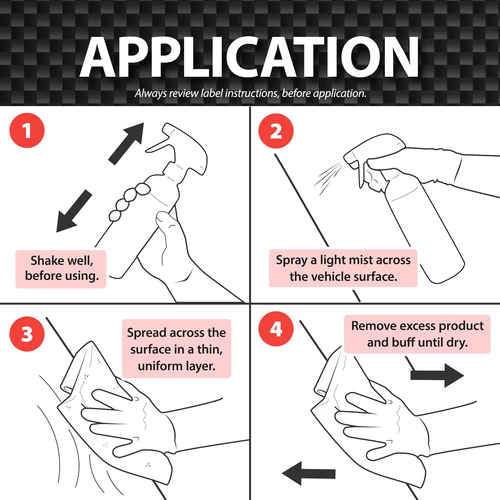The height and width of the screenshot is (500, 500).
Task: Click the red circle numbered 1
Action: (27, 130)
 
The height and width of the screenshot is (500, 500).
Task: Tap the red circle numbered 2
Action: (276, 131)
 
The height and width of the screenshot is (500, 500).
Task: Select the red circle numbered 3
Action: (27, 334)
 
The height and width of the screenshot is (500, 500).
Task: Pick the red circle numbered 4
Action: (276, 329)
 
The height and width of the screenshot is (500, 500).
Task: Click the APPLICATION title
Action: (249, 57)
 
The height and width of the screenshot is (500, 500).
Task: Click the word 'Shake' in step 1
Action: (47, 260)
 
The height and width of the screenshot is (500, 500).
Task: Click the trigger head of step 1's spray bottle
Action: (181, 150)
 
